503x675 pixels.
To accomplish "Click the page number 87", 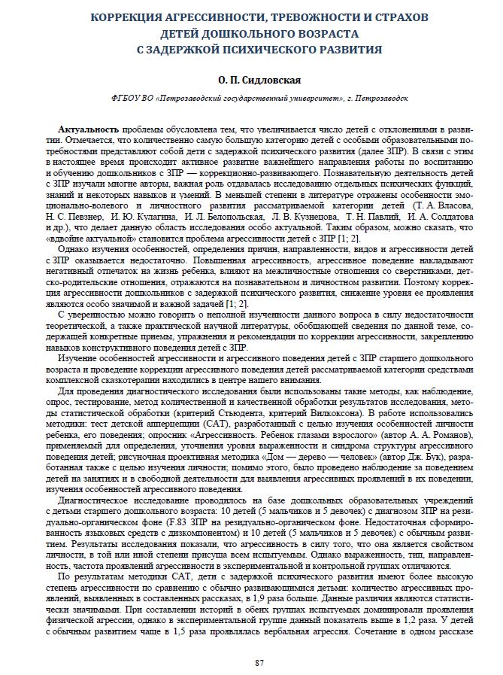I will [259, 661].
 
